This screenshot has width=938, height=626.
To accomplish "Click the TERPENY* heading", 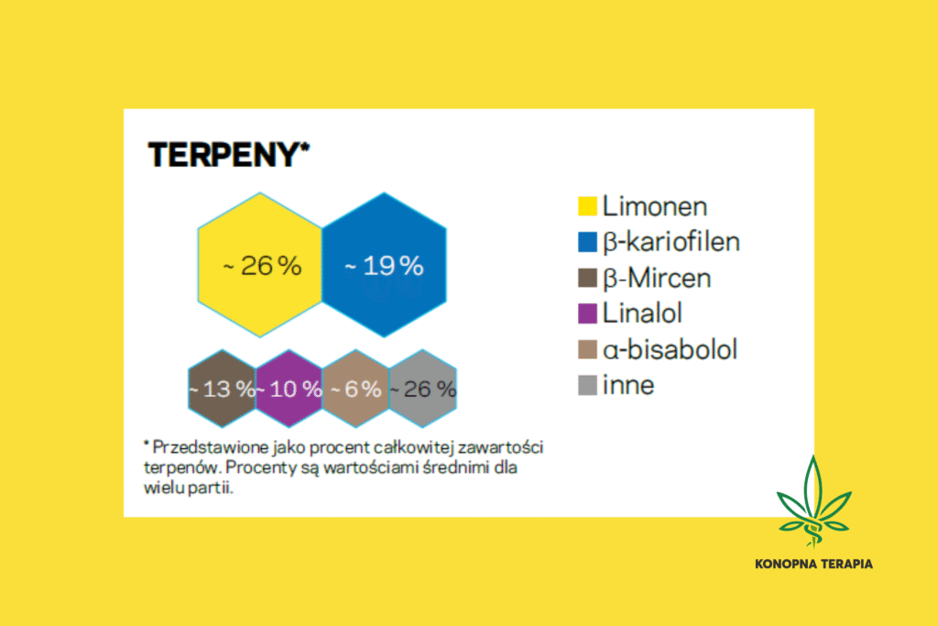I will pos(224,154).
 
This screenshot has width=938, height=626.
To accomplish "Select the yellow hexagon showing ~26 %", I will pos(261,266).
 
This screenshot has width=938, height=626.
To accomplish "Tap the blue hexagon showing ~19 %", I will pos(384,266).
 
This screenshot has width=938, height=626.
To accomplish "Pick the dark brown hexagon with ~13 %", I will pos(221,389).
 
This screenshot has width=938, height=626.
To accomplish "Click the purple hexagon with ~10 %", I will pos(289,389).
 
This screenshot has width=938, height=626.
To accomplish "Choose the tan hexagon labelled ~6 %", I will pos(355,389).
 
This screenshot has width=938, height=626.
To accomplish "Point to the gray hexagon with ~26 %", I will pos(422,389).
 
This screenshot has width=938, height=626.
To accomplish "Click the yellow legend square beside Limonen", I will pos(587,207).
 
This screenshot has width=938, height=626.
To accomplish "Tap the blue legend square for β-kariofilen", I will pos(587,243).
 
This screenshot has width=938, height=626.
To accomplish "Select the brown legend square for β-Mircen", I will pos(587,279).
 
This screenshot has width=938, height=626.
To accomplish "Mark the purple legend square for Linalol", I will pos(587,314).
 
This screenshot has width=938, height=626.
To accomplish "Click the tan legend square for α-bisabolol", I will pos(587,350).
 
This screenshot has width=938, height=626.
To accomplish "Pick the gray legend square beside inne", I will pos(587,386).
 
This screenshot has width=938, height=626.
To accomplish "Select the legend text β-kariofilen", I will pos(671,243).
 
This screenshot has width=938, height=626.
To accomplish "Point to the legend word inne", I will pos(628,386).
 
